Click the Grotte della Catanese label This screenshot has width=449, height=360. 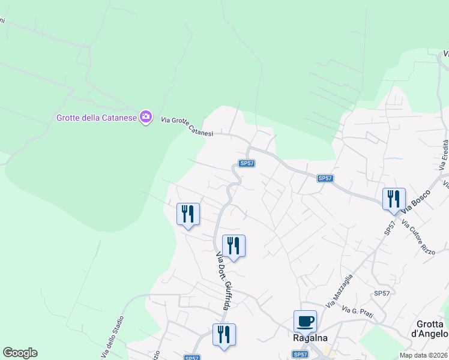(96, 118)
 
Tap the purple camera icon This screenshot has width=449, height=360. (145, 116)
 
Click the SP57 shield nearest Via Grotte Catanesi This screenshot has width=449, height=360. (246, 163)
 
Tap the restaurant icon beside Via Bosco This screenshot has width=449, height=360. (394, 199)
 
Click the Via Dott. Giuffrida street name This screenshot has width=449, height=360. (223, 281)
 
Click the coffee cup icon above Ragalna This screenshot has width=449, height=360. (305, 320)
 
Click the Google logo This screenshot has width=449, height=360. (20, 353)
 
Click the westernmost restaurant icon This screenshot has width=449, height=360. (188, 214)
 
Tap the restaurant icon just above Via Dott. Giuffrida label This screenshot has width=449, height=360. (234, 245)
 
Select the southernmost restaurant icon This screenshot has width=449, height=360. (224, 334)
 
